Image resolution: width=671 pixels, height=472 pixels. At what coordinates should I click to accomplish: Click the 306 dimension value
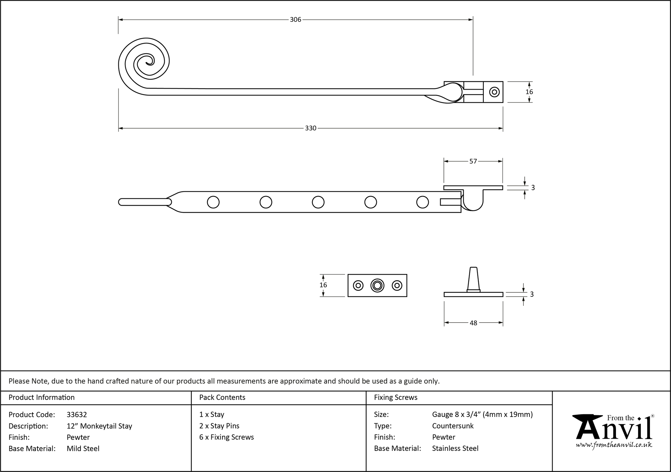coord(295,20)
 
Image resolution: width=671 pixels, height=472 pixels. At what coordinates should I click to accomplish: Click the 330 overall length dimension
coord(310,128)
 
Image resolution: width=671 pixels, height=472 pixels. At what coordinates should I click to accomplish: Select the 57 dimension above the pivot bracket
coord(473,161)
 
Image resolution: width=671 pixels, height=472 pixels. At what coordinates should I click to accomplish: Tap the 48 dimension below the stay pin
coord(473,323)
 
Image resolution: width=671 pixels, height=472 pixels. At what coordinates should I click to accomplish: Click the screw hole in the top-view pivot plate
coord(494,92)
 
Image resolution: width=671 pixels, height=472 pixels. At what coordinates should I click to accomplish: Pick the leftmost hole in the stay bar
coord(213,202)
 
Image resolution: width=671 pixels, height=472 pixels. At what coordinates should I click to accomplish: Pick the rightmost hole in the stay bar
coord(422,202)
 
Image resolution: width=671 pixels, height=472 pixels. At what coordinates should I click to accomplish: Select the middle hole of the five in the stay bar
coord(318,202)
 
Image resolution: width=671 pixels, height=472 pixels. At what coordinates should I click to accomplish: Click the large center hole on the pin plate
coord(377,286)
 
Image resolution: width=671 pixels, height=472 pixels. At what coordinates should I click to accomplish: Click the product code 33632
coord(77,415)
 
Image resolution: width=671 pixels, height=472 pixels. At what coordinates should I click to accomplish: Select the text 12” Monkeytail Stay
coord(99,426)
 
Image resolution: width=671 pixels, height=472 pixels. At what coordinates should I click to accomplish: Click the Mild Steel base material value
coord(83,449)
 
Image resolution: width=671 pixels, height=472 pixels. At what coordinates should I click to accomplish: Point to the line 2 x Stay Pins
coord(219,426)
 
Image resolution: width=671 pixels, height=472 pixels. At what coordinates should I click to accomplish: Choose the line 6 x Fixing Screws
coord(226,437)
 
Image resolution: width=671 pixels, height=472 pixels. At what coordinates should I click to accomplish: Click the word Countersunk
coord(453,426)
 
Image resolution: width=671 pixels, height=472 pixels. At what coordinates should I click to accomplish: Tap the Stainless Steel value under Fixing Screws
coord(455,448)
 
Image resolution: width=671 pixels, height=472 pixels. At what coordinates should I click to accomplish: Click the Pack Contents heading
coord(222,397)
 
